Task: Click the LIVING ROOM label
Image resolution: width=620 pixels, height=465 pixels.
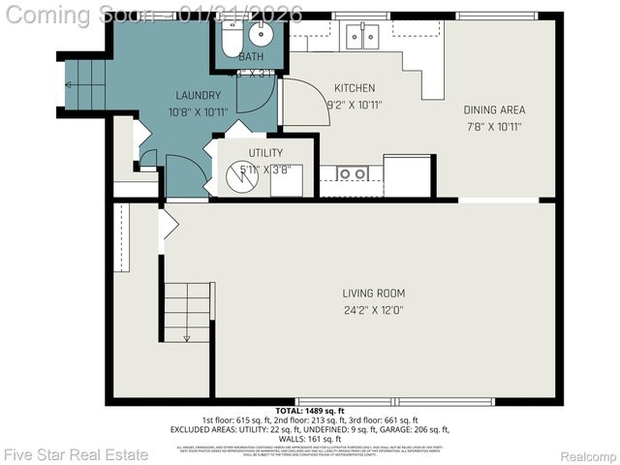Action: [x=373, y=294]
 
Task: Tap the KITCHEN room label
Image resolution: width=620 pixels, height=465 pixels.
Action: [x=355, y=88]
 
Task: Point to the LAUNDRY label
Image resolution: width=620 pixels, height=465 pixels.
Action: [x=199, y=95]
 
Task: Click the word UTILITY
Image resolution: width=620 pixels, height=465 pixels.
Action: [x=265, y=153]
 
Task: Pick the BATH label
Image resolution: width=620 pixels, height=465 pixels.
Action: [x=251, y=57]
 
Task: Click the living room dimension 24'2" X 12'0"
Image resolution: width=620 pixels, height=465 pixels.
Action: [x=373, y=311]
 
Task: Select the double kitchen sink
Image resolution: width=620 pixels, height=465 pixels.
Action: [x=362, y=37]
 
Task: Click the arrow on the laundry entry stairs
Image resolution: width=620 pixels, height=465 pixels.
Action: [x=69, y=85]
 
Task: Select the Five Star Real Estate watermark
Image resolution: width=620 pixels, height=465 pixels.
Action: [x=76, y=454]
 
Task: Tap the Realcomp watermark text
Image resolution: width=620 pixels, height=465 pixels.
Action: [x=588, y=455]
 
